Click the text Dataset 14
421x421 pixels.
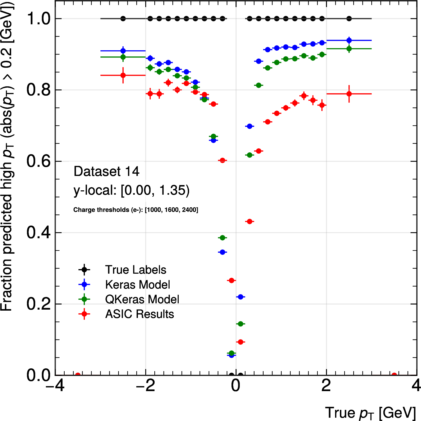point(106,171)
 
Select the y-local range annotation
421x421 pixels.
point(131,190)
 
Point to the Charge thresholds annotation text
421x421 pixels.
point(136,210)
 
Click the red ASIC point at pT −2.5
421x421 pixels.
point(123,75)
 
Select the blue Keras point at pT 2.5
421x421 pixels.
point(349,41)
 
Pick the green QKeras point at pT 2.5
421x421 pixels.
point(349,49)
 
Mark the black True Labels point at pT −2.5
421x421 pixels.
point(123,18)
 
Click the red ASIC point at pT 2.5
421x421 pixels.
point(349,94)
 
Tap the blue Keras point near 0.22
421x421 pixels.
point(241,297)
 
